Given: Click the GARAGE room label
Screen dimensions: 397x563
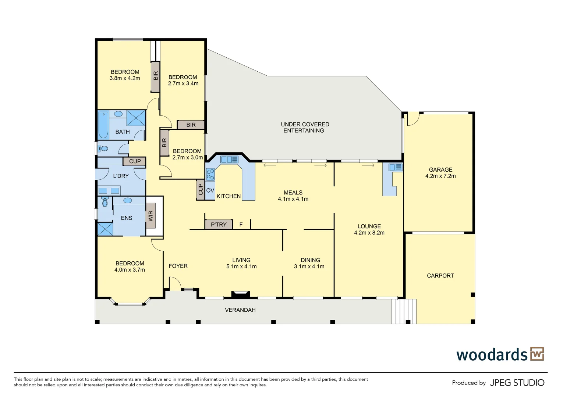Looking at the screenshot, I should tap(440, 170).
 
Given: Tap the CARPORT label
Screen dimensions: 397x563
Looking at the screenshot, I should tap(440, 276).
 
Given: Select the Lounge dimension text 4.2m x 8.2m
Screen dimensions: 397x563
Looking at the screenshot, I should tap(369, 233).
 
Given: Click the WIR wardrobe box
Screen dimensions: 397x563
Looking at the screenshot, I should tap(151, 216).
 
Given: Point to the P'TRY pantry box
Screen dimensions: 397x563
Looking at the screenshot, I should tap(219, 224).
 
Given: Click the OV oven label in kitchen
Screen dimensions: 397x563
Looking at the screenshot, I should tap(210, 190).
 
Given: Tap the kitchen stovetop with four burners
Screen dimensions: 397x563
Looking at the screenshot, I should tap(210, 174).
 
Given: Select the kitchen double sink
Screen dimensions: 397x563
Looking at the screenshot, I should tap(229, 159).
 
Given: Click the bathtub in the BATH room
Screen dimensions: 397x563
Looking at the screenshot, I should tap(103, 125).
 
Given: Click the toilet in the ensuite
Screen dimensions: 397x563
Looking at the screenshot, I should tap(105, 202).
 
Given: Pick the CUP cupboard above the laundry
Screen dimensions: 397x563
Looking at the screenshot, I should tap(135, 161).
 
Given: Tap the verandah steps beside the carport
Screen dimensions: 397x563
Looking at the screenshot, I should tap(404, 311).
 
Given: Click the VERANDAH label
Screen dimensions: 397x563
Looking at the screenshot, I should tap(240, 310).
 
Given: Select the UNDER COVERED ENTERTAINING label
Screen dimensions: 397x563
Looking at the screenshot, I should tap(305, 127).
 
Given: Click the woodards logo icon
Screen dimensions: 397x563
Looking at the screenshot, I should tap(537, 354).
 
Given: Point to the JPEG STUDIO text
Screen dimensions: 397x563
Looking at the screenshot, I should tap(517, 383).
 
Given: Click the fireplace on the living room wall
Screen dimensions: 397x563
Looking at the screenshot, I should tap(240, 294).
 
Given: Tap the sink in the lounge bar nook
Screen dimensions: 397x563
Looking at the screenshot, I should tap(396, 168).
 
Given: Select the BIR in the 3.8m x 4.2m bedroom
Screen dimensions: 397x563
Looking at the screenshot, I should tap(155, 76).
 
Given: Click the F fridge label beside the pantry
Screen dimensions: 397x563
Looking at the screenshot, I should tap(241, 224).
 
